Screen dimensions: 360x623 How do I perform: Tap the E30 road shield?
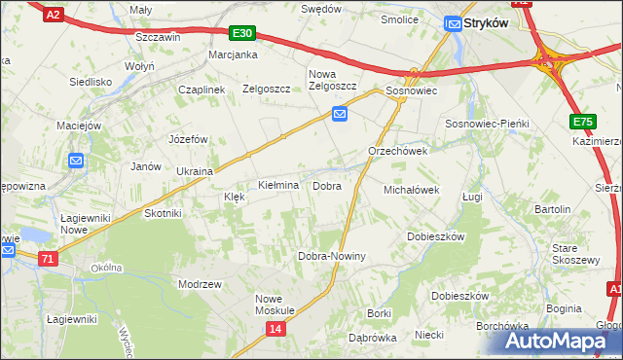click(243, 33)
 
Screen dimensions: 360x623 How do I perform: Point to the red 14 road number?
click(275, 330)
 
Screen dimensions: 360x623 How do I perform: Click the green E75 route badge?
click(582, 122)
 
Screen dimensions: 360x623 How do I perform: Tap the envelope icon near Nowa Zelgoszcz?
click(340, 115)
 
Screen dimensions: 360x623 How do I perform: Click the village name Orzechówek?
click(398, 152)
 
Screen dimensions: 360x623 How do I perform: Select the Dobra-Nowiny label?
click(331, 257)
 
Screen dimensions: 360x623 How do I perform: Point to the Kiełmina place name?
click(277, 185)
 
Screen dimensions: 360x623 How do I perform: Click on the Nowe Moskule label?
click(275, 305)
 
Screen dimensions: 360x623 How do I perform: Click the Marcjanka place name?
click(233, 55)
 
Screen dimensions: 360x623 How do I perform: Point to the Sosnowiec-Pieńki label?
click(486, 125)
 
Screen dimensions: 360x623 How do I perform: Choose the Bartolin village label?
click(552, 209)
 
